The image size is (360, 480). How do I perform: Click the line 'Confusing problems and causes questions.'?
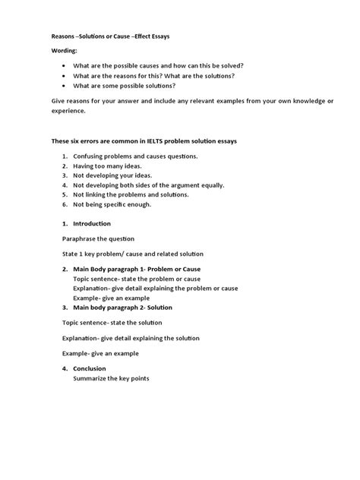point(135,156)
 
